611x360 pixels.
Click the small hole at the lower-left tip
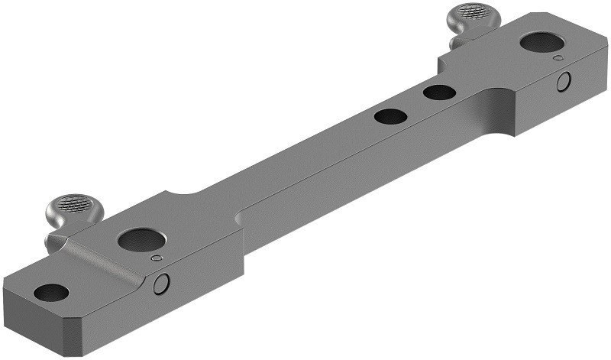click(x=51, y=292)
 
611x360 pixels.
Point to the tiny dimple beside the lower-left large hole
click(x=157, y=259)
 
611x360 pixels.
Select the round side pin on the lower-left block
click(x=161, y=284)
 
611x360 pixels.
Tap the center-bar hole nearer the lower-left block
click(x=390, y=117)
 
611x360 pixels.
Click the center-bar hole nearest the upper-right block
click(x=439, y=92)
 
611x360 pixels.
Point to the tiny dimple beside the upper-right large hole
click(x=559, y=58)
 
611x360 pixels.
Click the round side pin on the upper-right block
click(x=564, y=81)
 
